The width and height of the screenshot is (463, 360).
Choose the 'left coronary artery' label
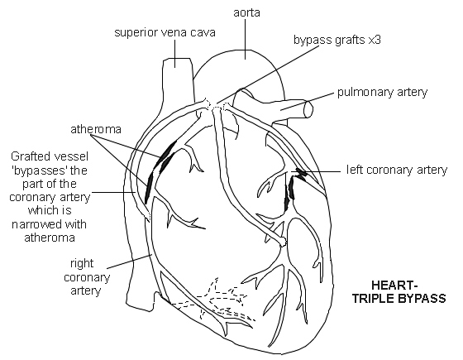point(398,170)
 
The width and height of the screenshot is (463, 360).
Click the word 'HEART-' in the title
point(399,284)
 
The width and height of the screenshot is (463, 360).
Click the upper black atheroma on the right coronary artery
point(168,152)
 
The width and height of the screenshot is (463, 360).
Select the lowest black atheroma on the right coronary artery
point(149,189)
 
